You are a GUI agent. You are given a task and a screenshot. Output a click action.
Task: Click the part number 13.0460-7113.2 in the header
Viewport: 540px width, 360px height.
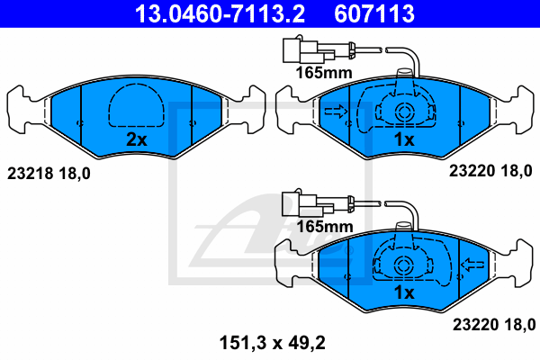coord(220,13)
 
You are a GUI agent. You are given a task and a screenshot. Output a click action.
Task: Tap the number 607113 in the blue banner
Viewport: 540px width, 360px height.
coord(374,13)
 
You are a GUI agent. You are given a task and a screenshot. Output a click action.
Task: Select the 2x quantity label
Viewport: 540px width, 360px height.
coord(137,139)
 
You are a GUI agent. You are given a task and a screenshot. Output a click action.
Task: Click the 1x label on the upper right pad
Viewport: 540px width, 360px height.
coord(404,139)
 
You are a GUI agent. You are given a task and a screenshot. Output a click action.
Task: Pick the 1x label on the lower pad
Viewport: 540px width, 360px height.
coord(404,292)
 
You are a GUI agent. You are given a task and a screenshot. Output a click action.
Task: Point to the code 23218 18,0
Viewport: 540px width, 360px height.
coord(49,174)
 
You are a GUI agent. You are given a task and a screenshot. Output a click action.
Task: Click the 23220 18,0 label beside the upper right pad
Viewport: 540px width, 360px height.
coord(490,171)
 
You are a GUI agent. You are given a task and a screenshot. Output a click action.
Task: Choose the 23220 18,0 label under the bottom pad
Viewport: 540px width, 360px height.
coord(494,325)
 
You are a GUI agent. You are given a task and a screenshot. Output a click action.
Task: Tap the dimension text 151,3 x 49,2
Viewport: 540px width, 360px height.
coord(273,343)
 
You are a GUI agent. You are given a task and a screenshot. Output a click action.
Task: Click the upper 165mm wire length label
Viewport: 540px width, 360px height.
coord(324,73)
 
